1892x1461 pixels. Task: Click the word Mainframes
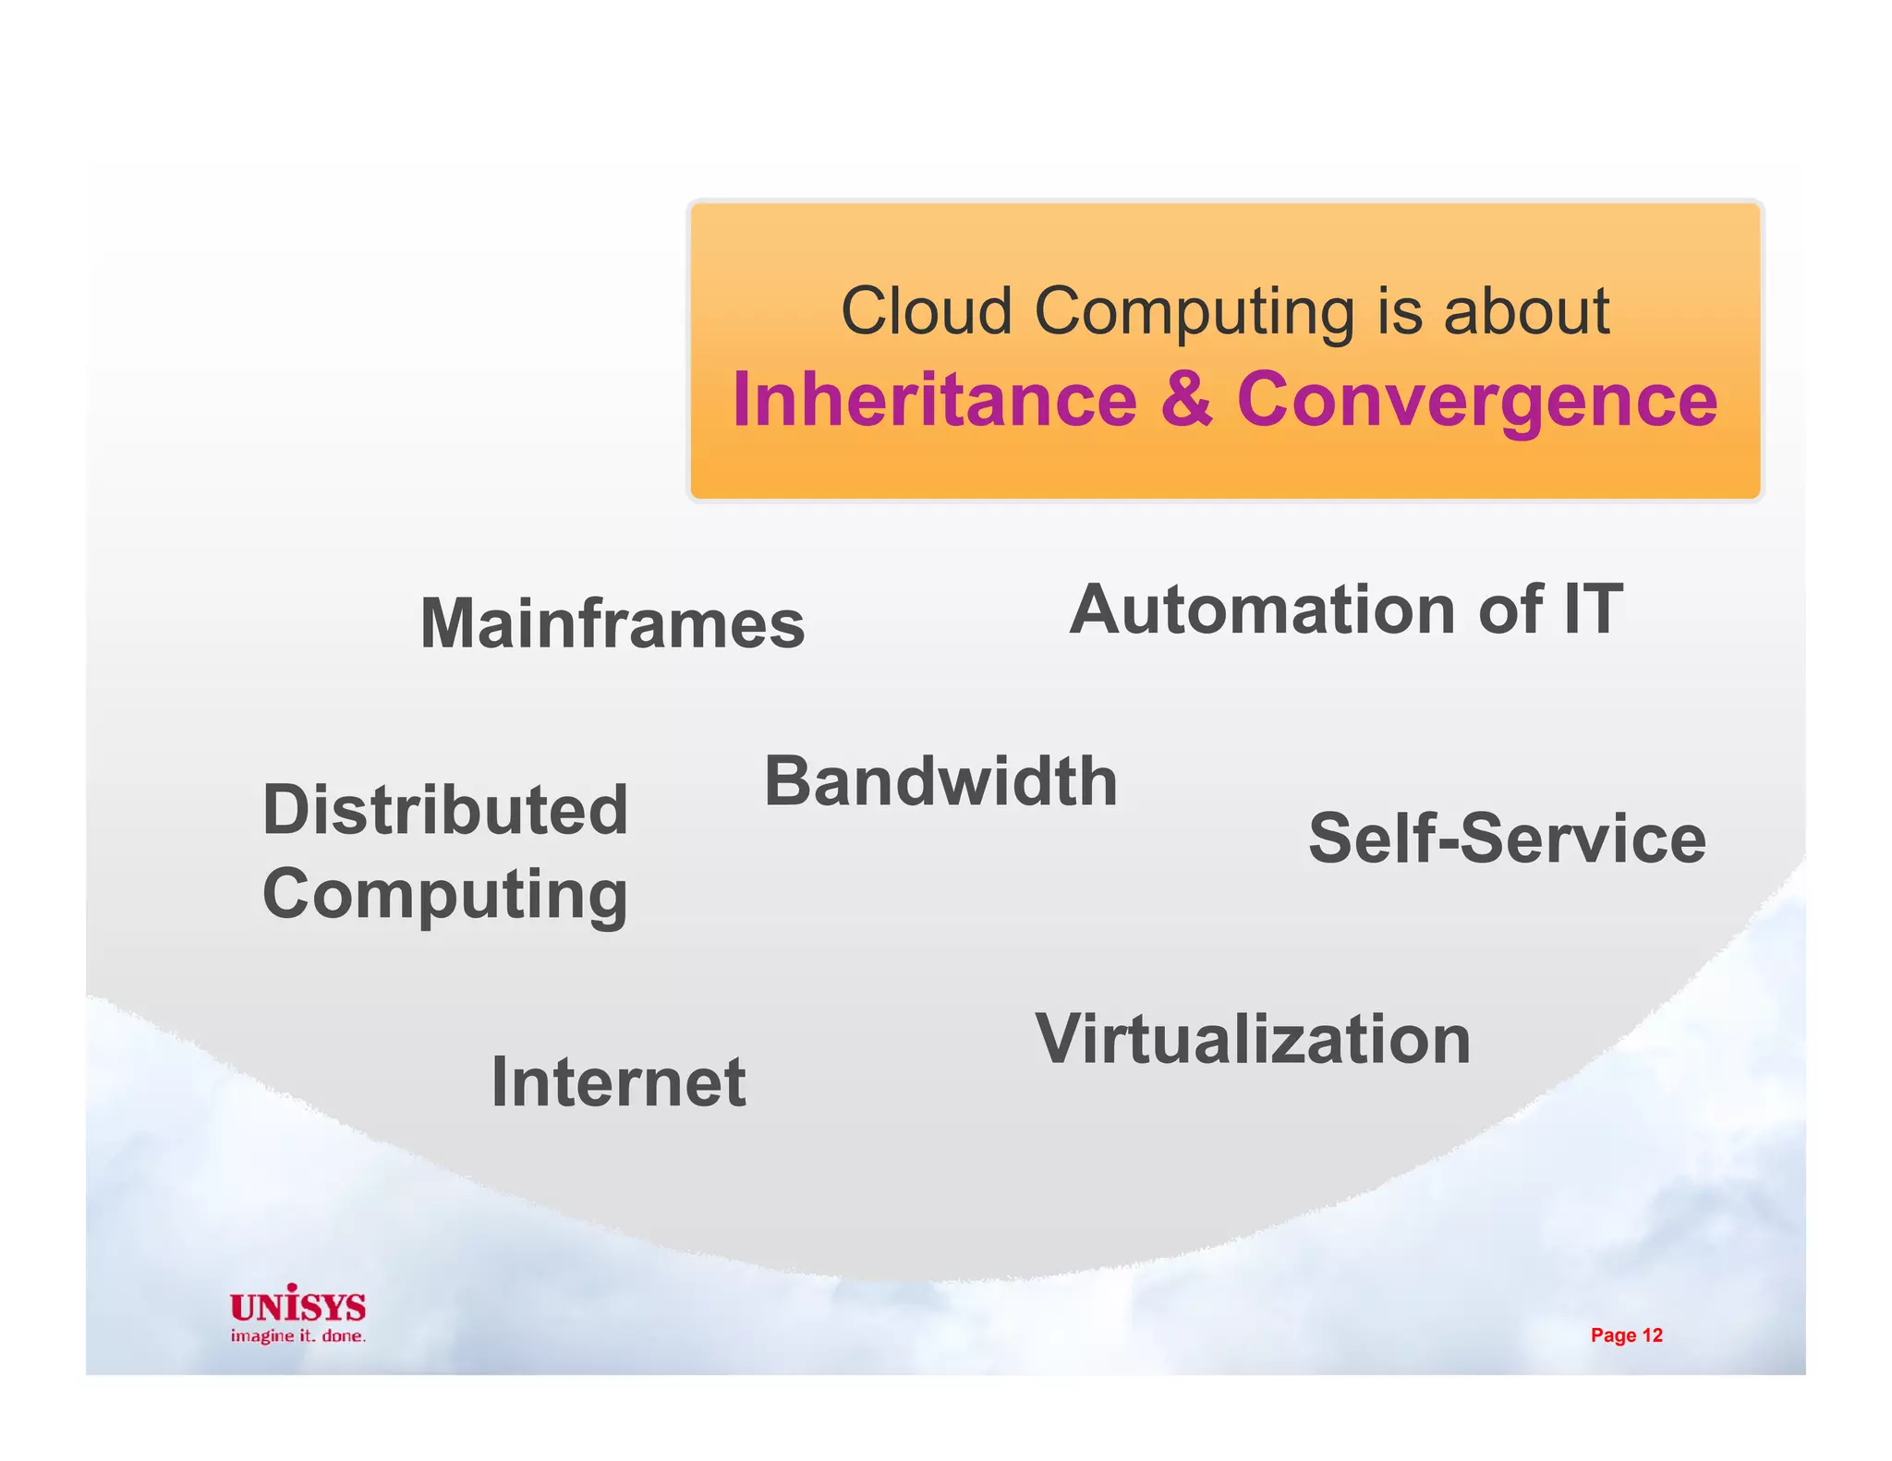pyautogui.click(x=612, y=623)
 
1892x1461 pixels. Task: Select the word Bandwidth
pyautogui.click(x=940, y=781)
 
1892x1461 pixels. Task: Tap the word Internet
pyautogui.click(x=618, y=1081)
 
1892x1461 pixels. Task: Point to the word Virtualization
pyautogui.click(x=1253, y=1039)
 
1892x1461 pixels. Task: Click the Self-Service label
pyautogui.click(x=1507, y=839)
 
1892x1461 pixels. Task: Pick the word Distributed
pyautogui.click(x=445, y=810)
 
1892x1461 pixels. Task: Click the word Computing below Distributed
pyautogui.click(x=445, y=894)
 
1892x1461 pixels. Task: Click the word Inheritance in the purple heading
pyautogui.click(x=934, y=399)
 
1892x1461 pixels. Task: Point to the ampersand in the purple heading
pyautogui.click(x=1186, y=399)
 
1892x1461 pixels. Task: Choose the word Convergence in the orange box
pyautogui.click(x=1476, y=399)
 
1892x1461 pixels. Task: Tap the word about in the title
pyautogui.click(x=1526, y=311)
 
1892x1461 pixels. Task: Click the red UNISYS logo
pyautogui.click(x=297, y=1305)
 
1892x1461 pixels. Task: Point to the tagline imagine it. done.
pyautogui.click(x=297, y=1336)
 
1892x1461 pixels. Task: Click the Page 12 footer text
pyautogui.click(x=1626, y=1335)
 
